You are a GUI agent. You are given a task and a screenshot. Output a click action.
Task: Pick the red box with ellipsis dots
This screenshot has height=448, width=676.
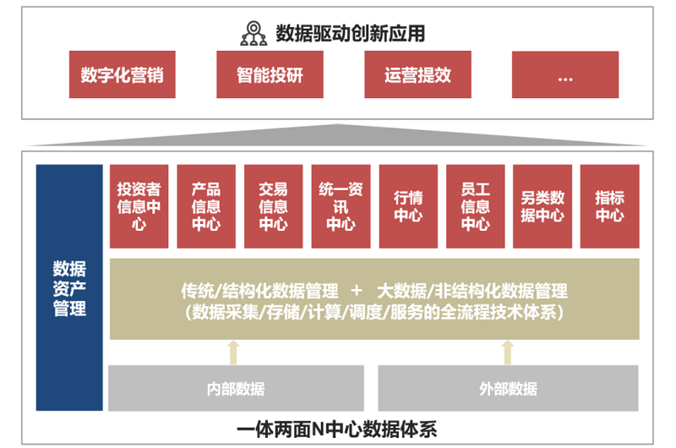tap(565, 75)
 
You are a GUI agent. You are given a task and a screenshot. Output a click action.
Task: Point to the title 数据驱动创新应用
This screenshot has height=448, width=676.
tap(350, 34)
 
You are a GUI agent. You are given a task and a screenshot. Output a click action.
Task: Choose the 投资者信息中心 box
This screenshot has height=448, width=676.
tap(139, 206)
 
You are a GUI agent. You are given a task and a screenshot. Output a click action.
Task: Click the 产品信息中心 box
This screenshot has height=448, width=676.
tap(206, 206)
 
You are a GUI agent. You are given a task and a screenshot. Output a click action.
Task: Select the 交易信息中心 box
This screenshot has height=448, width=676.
tap(273, 206)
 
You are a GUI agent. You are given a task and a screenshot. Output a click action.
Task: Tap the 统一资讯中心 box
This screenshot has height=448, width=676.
tap(341, 206)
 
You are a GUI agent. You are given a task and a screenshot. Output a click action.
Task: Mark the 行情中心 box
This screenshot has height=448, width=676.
tap(408, 206)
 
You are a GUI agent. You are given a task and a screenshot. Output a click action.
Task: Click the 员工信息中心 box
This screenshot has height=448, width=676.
tap(475, 206)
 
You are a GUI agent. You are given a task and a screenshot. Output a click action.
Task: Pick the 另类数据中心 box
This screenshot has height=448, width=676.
tap(542, 206)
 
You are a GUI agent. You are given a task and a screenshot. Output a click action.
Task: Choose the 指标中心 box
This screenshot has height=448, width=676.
tap(609, 206)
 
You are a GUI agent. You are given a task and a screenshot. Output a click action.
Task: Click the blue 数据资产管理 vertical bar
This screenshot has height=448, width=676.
tap(69, 287)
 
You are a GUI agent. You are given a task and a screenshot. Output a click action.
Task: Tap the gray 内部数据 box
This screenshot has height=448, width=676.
tap(236, 389)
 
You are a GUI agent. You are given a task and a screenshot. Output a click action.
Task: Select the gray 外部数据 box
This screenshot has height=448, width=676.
tap(508, 389)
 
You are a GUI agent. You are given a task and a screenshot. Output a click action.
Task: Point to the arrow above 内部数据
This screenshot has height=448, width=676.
tap(235, 352)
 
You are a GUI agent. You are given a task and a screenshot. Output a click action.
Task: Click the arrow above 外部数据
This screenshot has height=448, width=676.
tap(508, 352)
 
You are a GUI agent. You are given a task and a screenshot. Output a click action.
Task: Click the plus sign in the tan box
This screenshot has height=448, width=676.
tap(357, 291)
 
